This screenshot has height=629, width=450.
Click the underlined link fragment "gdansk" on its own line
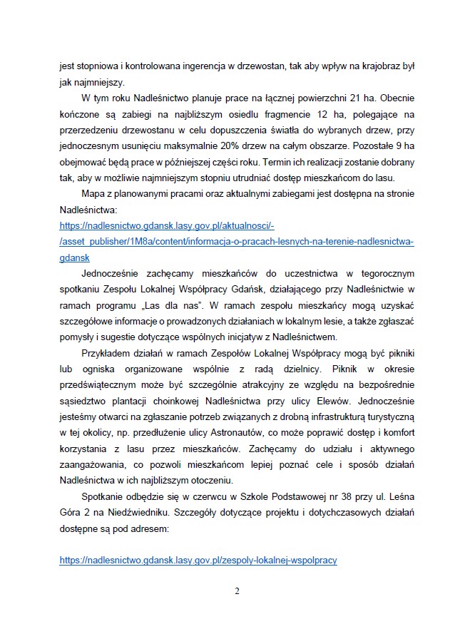tap(75, 258)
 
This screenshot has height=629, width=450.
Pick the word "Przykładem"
tap(108, 354)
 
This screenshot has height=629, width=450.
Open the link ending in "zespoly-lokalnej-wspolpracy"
tap(198, 561)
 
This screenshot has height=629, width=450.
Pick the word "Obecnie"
tap(395, 97)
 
